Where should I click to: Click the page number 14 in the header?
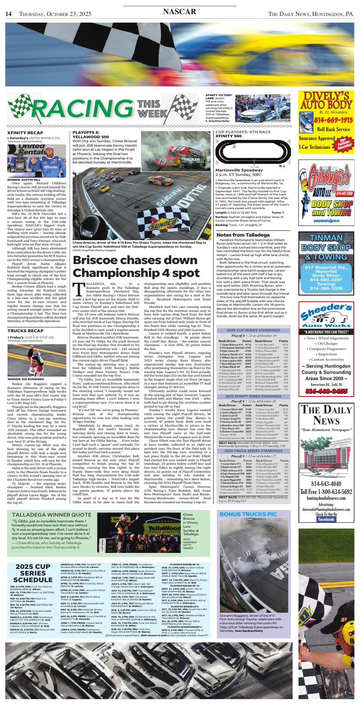point(8,14)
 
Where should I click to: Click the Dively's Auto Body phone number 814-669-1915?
point(327,120)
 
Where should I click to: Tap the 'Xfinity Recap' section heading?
point(26,132)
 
